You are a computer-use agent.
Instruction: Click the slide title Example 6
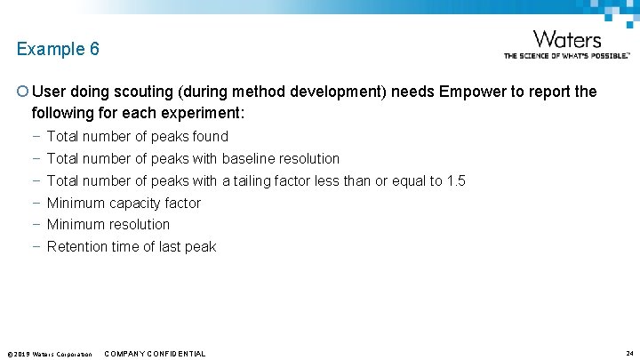pos(58,49)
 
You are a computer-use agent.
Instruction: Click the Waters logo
pos(567,39)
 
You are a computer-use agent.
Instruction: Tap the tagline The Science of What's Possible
pos(566,55)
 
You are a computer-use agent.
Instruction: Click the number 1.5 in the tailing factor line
pos(455,180)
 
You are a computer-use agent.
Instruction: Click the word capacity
pos(137,203)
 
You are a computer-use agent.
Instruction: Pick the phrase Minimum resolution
pos(108,224)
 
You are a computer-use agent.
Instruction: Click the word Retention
pos(77,246)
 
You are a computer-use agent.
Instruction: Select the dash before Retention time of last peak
pos(35,246)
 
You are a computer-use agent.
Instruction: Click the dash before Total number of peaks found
pos(35,136)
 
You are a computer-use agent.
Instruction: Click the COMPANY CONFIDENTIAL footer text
pos(155,354)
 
